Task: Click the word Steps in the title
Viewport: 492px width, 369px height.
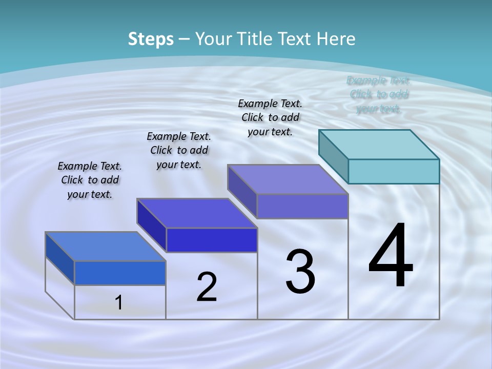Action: (x=151, y=39)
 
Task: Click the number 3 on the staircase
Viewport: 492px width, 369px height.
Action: (x=300, y=272)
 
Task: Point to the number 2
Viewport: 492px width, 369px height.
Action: (x=207, y=287)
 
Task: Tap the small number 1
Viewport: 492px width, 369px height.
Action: (x=119, y=303)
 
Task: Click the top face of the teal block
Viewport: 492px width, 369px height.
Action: (x=379, y=144)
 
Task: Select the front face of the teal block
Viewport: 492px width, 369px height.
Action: (x=394, y=171)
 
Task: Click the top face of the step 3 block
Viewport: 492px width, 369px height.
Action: (x=288, y=179)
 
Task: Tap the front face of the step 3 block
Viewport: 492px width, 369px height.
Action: (x=302, y=206)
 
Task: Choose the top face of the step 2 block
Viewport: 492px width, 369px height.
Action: (x=197, y=213)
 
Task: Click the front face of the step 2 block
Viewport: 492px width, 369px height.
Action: (x=212, y=240)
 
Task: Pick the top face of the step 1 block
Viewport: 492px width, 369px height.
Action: (x=106, y=246)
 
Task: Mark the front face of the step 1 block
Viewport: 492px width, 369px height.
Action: (x=120, y=273)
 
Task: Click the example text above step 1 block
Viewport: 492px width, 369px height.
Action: (x=90, y=180)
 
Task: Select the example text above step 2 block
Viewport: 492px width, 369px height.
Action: (x=179, y=151)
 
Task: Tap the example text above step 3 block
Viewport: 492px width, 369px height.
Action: (x=270, y=118)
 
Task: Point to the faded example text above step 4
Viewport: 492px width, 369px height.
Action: (x=379, y=95)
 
